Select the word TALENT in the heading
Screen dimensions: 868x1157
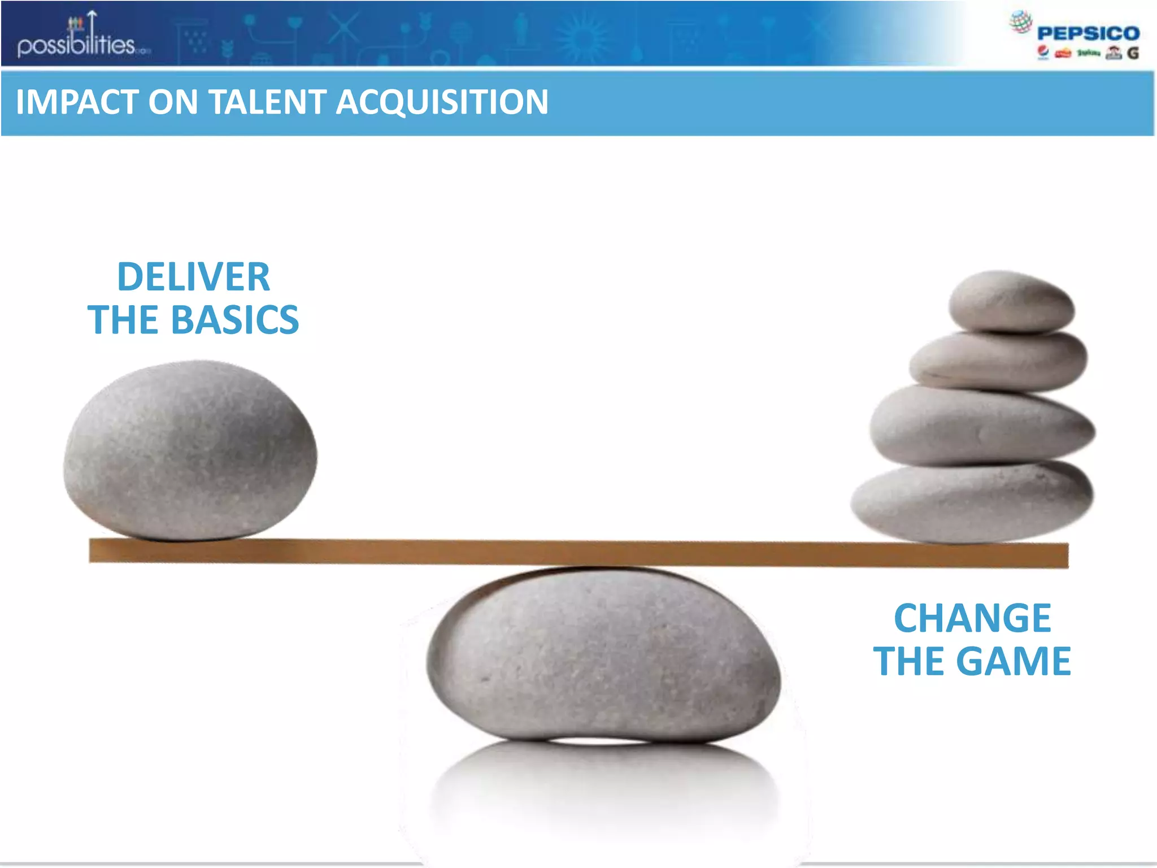(x=268, y=102)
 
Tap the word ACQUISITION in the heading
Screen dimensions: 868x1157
(x=442, y=102)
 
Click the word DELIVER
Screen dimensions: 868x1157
(x=193, y=277)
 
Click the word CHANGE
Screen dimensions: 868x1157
(x=972, y=618)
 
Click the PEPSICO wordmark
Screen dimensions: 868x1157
(x=1088, y=33)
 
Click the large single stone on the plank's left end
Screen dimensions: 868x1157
(x=190, y=449)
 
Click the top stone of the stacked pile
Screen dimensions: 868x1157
(x=1011, y=301)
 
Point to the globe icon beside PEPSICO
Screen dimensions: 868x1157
(x=1020, y=22)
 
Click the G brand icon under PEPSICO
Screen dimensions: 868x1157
(x=1133, y=53)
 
